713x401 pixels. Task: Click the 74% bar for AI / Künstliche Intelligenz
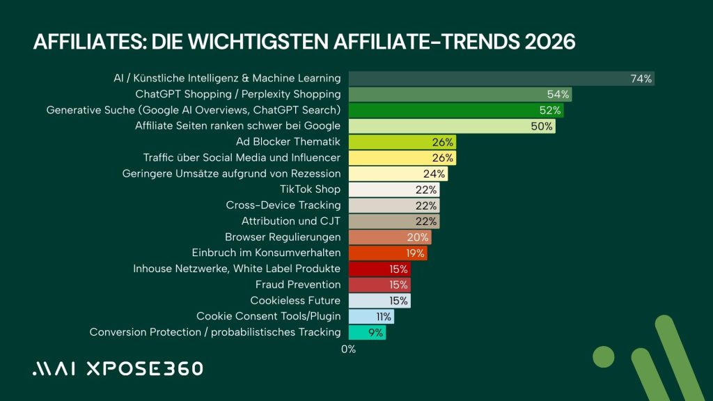[x=501, y=79]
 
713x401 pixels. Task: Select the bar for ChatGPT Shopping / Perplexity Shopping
[x=460, y=95]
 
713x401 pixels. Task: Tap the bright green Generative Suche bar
[x=455, y=110]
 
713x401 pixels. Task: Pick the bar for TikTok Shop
[x=393, y=189]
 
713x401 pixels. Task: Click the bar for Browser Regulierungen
[x=389, y=237]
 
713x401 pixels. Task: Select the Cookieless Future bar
[x=379, y=301]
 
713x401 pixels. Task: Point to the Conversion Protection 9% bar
[x=367, y=333]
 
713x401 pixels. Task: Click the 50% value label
[x=542, y=126]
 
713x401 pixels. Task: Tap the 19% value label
[x=416, y=253]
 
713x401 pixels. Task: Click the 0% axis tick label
[x=348, y=349]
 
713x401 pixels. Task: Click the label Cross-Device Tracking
[x=283, y=205]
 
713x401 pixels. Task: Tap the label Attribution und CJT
[x=291, y=221]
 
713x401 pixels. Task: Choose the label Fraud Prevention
[x=298, y=285]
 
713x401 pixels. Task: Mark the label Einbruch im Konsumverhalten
[x=266, y=253]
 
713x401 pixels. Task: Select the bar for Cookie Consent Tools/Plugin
[x=371, y=317]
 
